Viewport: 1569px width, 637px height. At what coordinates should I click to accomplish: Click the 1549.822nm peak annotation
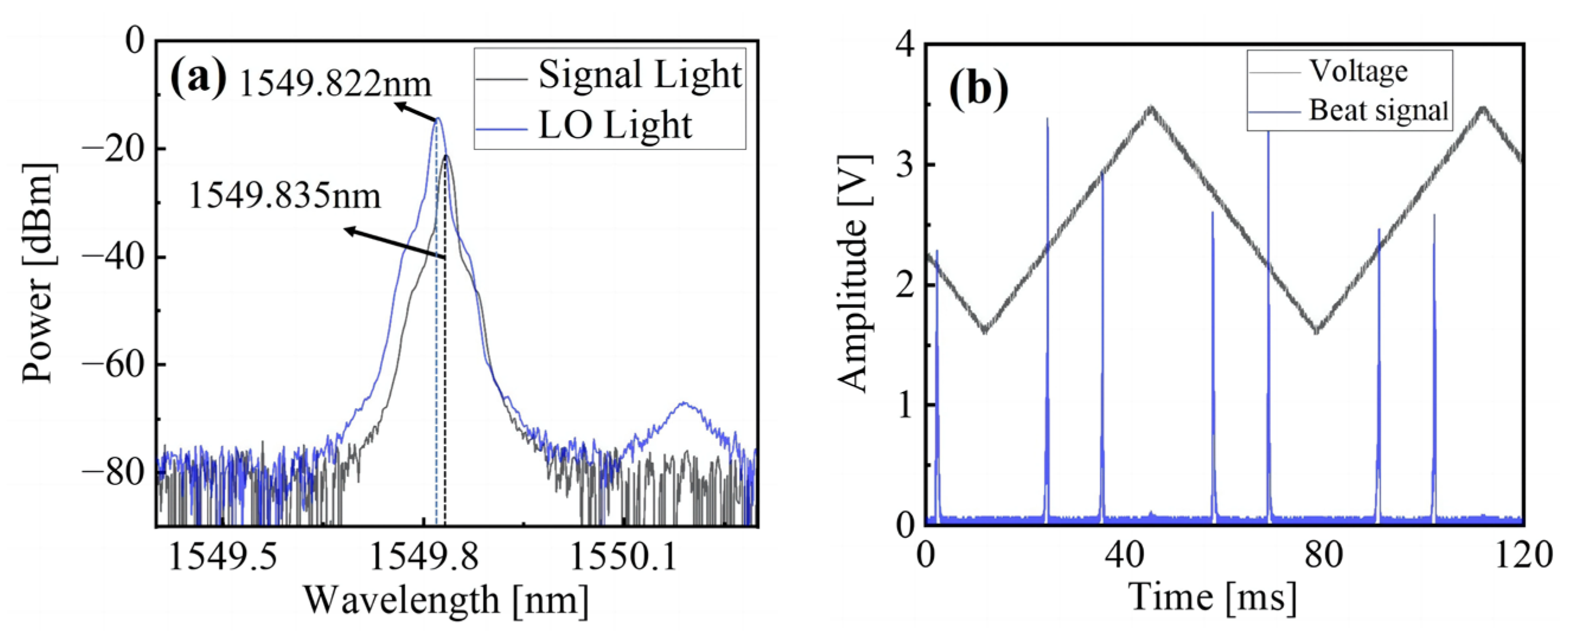[335, 84]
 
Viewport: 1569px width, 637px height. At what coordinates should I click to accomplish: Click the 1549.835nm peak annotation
[285, 196]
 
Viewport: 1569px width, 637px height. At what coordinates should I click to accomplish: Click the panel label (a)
[198, 79]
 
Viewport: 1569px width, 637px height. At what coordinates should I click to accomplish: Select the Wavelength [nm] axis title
[446, 600]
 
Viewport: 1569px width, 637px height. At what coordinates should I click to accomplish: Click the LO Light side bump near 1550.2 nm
[684, 403]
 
